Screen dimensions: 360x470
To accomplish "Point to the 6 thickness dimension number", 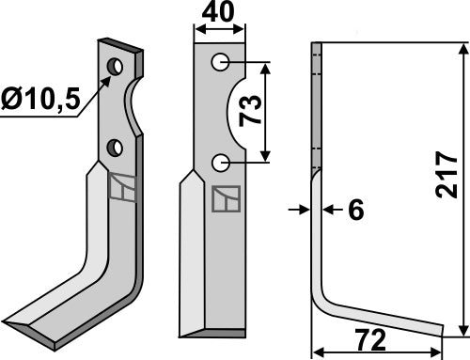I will pyautogui.click(x=354, y=211).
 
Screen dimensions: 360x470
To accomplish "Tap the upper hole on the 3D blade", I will pyautogui.click(x=115, y=68).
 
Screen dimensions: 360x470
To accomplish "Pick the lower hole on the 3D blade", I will pyautogui.click(x=115, y=146).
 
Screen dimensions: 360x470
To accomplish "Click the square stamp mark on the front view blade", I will pyautogui.click(x=227, y=198).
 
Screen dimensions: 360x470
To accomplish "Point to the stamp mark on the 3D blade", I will pyautogui.click(x=120, y=189).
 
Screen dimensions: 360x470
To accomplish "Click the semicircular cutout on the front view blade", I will pyautogui.click(x=239, y=113).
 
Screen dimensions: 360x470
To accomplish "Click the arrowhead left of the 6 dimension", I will pyautogui.click(x=305, y=211).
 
